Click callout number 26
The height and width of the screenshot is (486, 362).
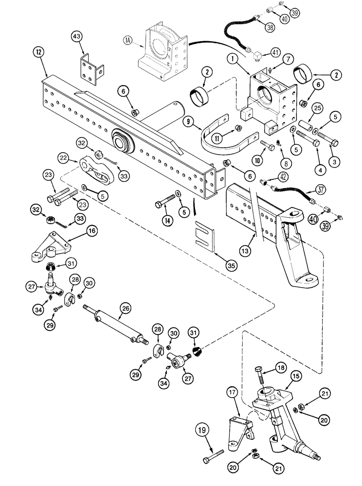[126, 307]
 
